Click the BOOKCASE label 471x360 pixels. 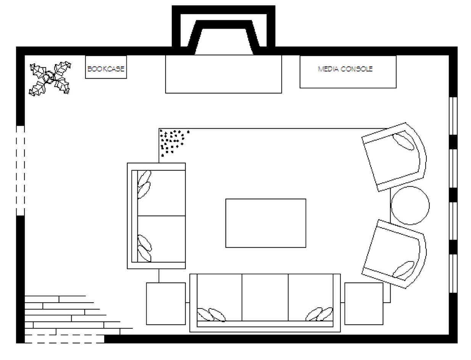(x=106, y=69)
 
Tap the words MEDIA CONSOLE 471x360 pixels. (x=345, y=69)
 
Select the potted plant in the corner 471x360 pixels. (x=50, y=79)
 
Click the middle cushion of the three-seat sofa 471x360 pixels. (x=265, y=297)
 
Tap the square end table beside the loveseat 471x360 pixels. (x=166, y=303)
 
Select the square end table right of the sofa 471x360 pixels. (x=364, y=303)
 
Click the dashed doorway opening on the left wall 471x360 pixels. (x=20, y=171)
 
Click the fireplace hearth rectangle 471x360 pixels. (x=223, y=74)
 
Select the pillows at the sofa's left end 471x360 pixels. (x=211, y=315)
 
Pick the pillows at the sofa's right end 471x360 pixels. (x=319, y=314)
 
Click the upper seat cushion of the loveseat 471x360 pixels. (x=161, y=193)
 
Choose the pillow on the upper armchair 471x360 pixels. (x=403, y=142)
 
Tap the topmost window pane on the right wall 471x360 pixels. (x=453, y=116)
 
